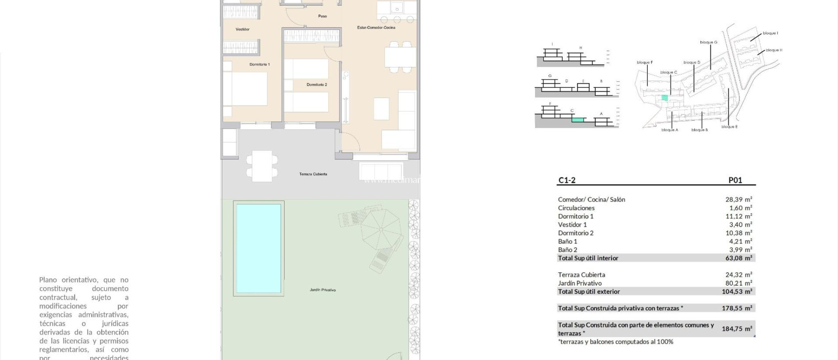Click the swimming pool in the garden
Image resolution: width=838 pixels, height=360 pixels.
point(259,248)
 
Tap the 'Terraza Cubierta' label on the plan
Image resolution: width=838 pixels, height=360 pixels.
point(313,174)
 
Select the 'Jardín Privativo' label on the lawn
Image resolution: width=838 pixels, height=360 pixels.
point(322,290)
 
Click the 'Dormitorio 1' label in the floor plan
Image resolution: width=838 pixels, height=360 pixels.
point(259,65)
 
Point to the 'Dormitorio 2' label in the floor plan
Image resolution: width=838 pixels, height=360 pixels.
point(317,85)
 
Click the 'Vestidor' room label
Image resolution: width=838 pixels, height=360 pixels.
point(242,29)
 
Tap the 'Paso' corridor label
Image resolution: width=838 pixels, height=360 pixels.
point(322,16)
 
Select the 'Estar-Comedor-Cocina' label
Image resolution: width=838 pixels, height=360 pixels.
point(376,28)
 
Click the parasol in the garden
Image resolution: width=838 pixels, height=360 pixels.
point(380,229)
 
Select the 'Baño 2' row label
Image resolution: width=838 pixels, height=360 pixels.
point(568,250)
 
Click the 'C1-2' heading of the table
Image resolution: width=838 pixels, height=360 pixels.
point(567,180)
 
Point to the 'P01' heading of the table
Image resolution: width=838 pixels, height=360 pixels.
point(735,180)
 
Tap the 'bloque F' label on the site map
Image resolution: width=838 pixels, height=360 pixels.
point(644,63)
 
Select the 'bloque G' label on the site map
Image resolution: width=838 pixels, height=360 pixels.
point(708,43)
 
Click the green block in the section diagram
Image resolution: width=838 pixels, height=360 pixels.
point(577,120)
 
